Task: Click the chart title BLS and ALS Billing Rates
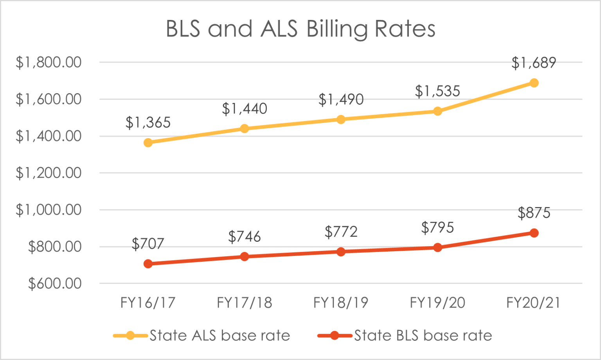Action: point(300,29)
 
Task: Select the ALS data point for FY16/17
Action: point(148,143)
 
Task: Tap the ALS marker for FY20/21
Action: point(534,83)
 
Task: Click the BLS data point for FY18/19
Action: point(341,252)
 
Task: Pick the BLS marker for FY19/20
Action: point(437,247)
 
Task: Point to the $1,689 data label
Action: point(534,63)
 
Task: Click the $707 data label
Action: point(148,244)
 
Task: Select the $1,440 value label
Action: point(245,108)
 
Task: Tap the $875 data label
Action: point(534,213)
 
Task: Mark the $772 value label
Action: point(341,232)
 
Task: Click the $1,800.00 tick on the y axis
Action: point(49,62)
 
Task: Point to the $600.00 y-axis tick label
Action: point(55,283)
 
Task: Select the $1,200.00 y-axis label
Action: point(49,173)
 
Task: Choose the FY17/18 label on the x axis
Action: point(245,302)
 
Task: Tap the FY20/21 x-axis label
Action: point(534,302)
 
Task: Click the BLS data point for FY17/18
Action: point(245,257)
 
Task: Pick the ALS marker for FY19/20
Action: point(437,112)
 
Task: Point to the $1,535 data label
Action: point(437,91)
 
